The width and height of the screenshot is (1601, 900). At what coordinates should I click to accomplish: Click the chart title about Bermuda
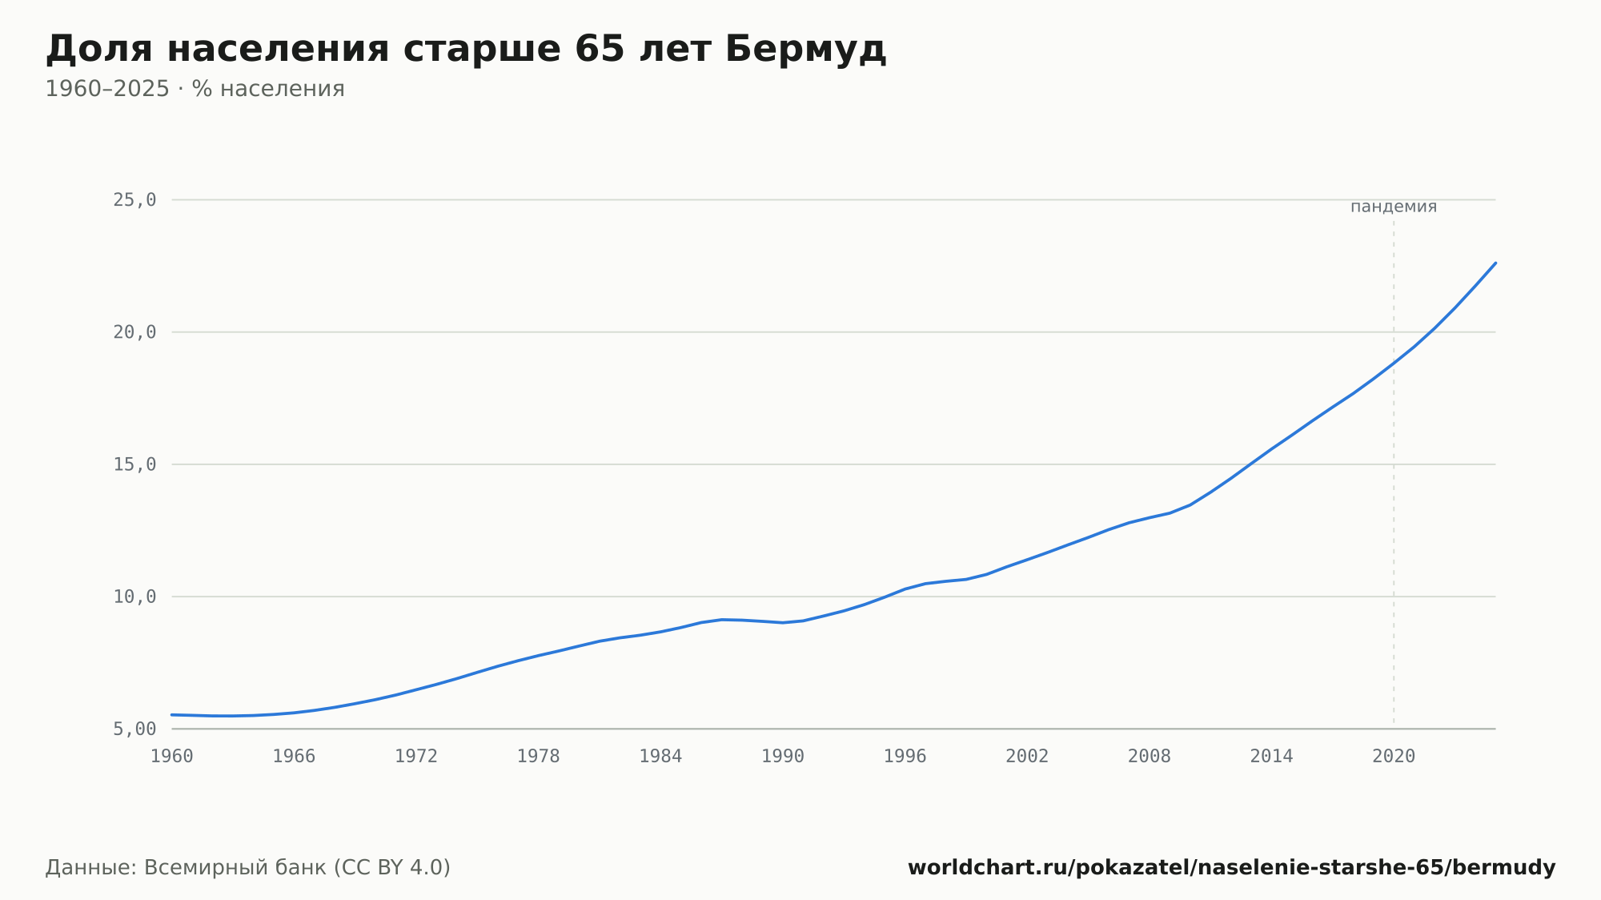466,50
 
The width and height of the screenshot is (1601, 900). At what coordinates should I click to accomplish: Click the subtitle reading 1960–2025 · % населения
195,89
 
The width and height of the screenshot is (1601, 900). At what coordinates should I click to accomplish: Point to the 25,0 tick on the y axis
134,200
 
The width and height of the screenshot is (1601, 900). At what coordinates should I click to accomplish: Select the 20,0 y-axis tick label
134,332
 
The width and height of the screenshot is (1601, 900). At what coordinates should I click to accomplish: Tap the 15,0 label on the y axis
134,464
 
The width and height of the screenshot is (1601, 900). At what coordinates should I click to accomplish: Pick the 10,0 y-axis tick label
134,597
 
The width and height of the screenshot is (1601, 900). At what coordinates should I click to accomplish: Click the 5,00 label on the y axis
134,729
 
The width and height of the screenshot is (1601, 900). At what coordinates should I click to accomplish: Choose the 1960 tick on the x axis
172,757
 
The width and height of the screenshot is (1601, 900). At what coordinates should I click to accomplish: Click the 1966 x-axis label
294,757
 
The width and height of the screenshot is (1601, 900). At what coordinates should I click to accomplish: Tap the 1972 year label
416,757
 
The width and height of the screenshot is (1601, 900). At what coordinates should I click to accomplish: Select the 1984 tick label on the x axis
660,757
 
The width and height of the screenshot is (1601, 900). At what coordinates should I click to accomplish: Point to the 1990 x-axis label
783,757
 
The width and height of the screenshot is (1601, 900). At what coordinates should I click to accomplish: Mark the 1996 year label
905,757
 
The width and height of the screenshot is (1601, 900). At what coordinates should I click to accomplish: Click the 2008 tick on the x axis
1150,757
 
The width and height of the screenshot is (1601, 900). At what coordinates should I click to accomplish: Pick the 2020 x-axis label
1394,757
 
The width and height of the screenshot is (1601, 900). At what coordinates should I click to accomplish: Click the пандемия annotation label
1394,207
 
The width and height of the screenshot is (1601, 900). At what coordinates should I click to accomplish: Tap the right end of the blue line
1495,263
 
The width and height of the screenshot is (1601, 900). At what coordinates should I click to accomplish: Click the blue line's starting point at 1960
172,714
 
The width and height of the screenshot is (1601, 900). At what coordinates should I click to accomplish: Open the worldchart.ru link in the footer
1231,868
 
